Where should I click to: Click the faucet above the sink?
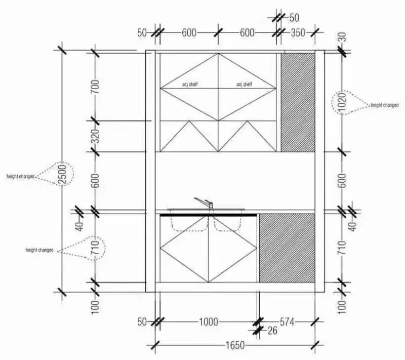tap(204, 203)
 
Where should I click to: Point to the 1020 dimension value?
tap(342, 103)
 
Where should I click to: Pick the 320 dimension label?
tap(95, 136)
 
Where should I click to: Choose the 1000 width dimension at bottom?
tap(208, 321)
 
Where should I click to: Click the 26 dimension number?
tap(272, 331)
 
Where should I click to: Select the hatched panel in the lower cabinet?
tap(287, 248)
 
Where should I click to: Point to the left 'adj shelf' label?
tap(190, 84)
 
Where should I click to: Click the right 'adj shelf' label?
tap(245, 84)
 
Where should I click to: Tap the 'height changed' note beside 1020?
tap(385, 105)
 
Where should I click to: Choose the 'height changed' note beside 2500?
tap(20, 176)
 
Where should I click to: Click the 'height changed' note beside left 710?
tap(39, 250)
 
